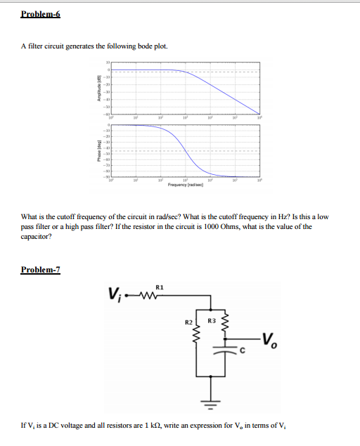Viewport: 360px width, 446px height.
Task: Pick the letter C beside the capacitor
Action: (241, 351)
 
